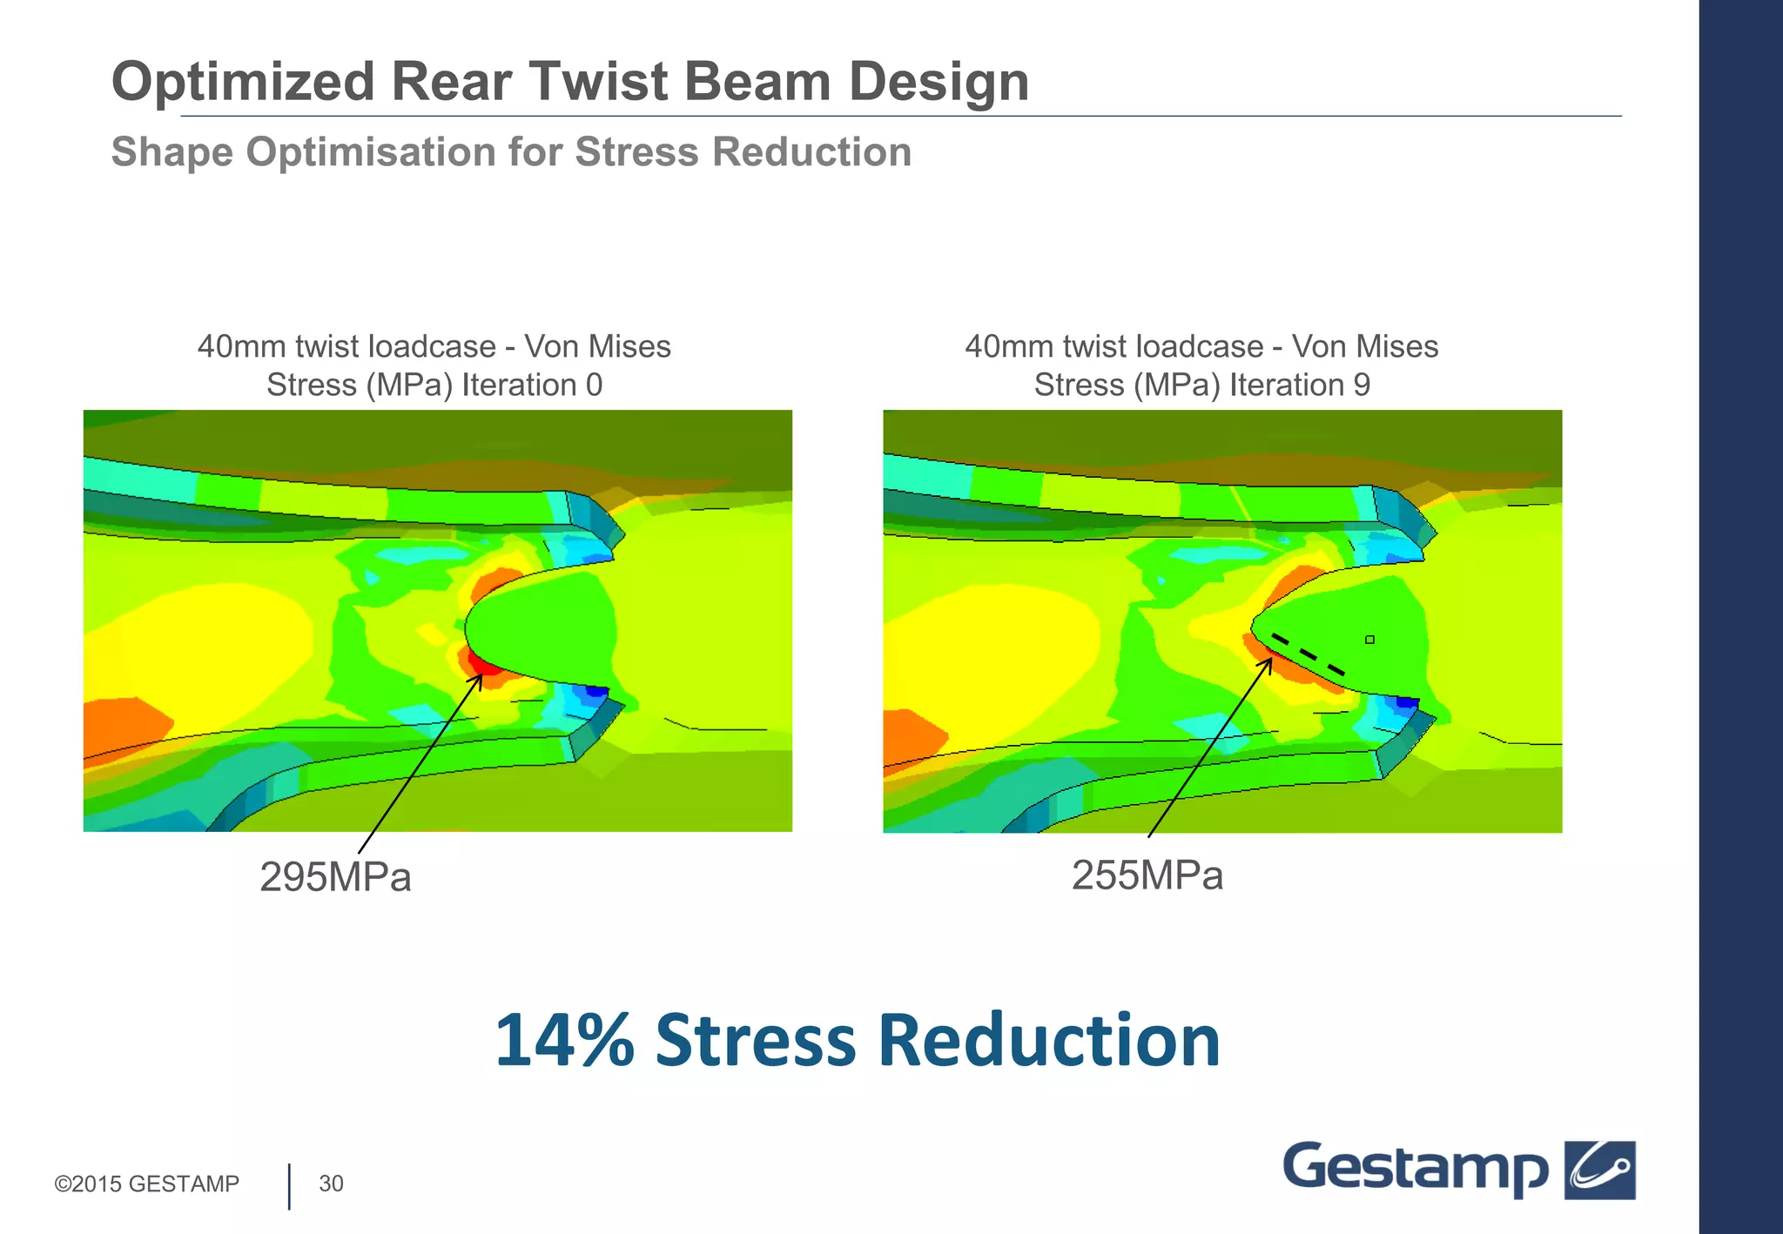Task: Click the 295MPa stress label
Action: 335,877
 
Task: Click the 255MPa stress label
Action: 1147,875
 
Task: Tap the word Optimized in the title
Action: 243,82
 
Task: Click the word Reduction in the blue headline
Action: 1048,1041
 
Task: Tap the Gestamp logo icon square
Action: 1599,1170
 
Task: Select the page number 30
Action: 331,1184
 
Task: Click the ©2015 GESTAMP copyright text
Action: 146,1184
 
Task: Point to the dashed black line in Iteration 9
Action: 1308,654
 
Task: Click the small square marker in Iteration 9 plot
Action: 1369,640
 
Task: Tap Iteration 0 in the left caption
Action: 531,385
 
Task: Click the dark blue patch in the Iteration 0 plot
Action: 596,691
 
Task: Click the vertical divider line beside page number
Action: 289,1186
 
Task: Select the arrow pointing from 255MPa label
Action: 1208,748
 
